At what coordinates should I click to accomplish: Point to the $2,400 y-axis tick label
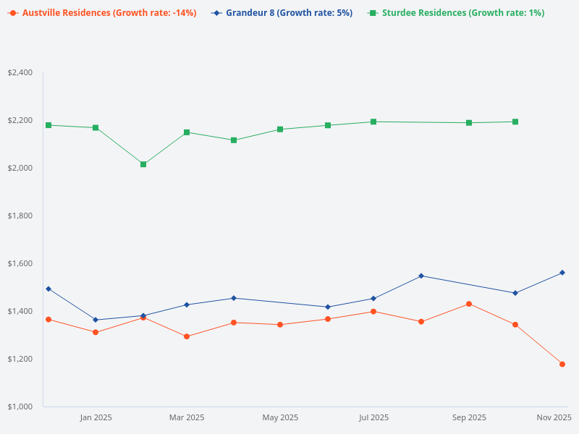pyautogui.click(x=20, y=72)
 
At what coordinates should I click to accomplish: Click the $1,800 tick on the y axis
pyautogui.click(x=20, y=216)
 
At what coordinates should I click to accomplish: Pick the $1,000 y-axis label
pyautogui.click(x=20, y=407)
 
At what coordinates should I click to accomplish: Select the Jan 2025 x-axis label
pyautogui.click(x=96, y=417)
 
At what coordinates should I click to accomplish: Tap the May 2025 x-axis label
pyautogui.click(x=280, y=417)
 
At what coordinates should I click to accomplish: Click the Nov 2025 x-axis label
pyautogui.click(x=554, y=417)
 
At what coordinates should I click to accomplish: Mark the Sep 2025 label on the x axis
pyautogui.click(x=469, y=417)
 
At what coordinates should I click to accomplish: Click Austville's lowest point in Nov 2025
pyautogui.click(x=562, y=364)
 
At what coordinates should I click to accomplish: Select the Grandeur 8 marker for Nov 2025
pyautogui.click(x=562, y=273)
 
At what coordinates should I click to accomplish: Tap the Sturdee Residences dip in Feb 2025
pyautogui.click(x=143, y=164)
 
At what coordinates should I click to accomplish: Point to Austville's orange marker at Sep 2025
pyautogui.click(x=469, y=304)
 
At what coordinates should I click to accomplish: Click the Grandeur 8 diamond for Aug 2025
pyautogui.click(x=421, y=276)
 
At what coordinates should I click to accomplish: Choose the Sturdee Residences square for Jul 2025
pyautogui.click(x=373, y=122)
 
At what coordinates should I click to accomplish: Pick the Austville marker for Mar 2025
pyautogui.click(x=187, y=336)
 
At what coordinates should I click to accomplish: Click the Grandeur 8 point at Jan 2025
pyautogui.click(x=96, y=320)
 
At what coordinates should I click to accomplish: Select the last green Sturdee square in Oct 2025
pyautogui.click(x=515, y=122)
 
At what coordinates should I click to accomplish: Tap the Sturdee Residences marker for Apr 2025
pyautogui.click(x=234, y=140)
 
